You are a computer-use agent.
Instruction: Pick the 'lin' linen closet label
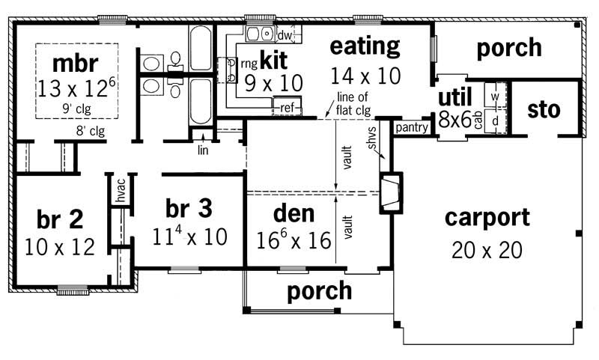pyautogui.click(x=202, y=150)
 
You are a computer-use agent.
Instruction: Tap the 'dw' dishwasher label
pyautogui.click(x=284, y=35)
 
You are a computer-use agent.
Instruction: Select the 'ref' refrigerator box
pyautogui.click(x=286, y=107)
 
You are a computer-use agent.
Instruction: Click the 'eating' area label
pyautogui.click(x=365, y=46)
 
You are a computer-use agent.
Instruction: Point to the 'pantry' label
pyautogui.click(x=411, y=128)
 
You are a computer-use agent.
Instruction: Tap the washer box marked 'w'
pyautogui.click(x=495, y=97)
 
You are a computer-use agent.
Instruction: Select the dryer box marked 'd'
pyautogui.click(x=495, y=119)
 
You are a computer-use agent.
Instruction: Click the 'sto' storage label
pyautogui.click(x=544, y=110)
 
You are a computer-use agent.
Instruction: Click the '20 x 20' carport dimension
pyautogui.click(x=487, y=249)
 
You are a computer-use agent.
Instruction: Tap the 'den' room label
pyautogui.click(x=294, y=214)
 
